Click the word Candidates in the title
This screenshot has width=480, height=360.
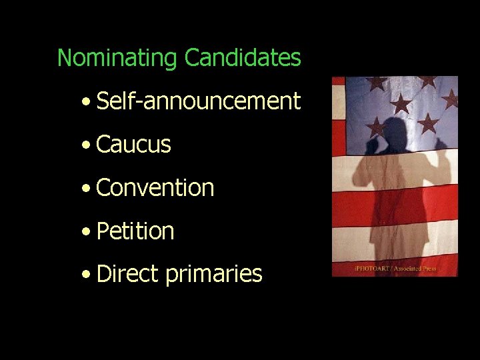[x=243, y=58]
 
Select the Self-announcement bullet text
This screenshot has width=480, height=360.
[x=198, y=101]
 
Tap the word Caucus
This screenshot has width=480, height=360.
[x=133, y=145]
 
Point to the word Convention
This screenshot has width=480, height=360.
[x=155, y=188]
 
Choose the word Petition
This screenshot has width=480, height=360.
[x=135, y=231]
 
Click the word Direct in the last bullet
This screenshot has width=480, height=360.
[x=127, y=274]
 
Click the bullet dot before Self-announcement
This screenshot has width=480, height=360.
[x=86, y=103]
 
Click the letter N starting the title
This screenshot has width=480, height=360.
[x=64, y=58]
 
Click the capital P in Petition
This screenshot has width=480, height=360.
[x=103, y=231]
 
